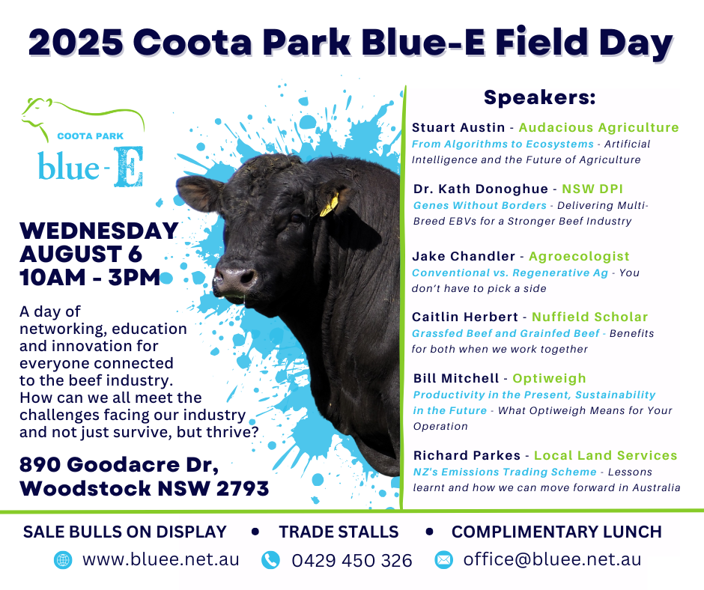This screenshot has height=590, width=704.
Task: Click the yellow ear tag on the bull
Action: [330, 204]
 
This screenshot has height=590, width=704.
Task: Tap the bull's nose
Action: [235, 279]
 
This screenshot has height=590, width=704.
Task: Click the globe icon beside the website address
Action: [63, 560]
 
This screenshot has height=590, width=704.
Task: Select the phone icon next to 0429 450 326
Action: [270, 560]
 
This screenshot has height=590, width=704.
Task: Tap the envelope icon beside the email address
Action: [443, 560]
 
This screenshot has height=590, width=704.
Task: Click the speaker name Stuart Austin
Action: [458, 127]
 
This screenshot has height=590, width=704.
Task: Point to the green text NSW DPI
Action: [592, 189]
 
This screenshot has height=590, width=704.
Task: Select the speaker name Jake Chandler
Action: [464, 256]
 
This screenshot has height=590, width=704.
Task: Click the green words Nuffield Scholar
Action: [589, 317]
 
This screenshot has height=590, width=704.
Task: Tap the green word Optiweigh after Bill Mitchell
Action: [549, 379]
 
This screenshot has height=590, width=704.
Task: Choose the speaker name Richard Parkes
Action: [467, 455]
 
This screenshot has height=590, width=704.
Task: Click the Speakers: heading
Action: [540, 97]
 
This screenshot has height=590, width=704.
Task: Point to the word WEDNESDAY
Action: [99, 231]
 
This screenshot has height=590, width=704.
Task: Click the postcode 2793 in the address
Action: [243, 488]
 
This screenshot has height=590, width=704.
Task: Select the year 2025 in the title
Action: [76, 42]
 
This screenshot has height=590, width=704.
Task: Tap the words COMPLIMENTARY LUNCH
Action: [556, 532]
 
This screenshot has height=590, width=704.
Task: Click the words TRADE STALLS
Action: [339, 532]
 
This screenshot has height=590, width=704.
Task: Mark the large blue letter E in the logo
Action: [129, 166]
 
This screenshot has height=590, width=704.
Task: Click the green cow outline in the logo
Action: [84, 118]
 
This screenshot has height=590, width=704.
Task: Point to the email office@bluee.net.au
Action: [552, 560]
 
